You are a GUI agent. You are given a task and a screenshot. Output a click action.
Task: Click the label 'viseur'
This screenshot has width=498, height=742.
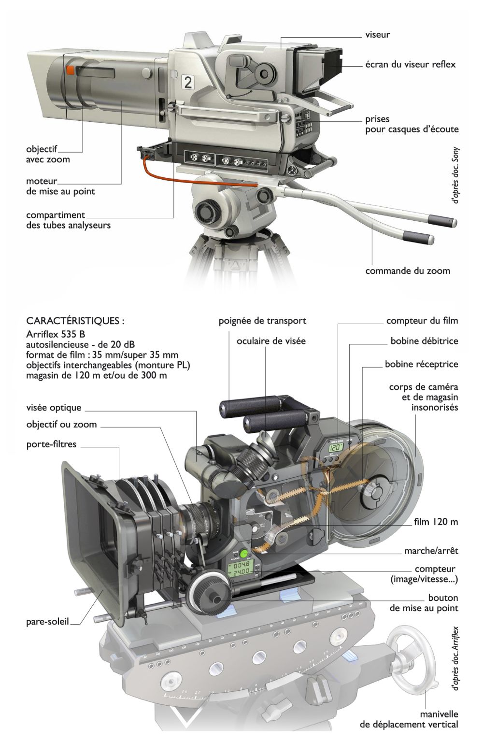click(x=377, y=35)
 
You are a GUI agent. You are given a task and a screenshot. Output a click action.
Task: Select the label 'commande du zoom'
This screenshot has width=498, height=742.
click(x=407, y=271)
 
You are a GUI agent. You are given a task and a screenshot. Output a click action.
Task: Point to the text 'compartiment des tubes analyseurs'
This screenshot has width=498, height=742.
click(x=68, y=220)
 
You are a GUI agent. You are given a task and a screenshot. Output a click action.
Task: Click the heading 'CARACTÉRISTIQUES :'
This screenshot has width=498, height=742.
click(x=75, y=321)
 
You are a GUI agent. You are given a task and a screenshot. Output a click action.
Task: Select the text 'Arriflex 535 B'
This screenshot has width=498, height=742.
click(x=57, y=333)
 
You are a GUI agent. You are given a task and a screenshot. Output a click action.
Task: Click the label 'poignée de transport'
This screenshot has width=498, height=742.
click(x=262, y=321)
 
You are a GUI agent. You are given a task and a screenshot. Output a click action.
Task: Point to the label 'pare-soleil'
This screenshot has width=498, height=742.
click(x=47, y=622)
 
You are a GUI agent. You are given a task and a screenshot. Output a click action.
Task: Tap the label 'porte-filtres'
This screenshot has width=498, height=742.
click(x=51, y=444)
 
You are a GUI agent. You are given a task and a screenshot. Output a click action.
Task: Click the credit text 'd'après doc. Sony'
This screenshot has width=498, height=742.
click(x=456, y=174)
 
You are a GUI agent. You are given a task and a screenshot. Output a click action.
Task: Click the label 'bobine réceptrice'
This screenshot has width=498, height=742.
click(x=421, y=364)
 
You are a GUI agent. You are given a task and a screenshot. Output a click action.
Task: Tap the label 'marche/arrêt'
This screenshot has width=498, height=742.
click(x=431, y=551)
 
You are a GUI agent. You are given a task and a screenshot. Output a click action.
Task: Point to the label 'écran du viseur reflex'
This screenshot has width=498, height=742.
click(x=410, y=64)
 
